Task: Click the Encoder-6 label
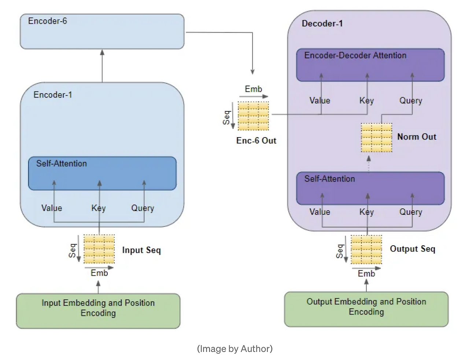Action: pos(48,21)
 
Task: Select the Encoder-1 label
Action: pos(53,95)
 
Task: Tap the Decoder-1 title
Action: pos(322,24)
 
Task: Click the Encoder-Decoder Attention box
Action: pos(370,65)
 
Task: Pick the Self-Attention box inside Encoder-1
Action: pos(102,173)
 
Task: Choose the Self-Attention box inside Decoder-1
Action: pos(370,188)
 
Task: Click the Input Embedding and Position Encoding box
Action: pos(98,311)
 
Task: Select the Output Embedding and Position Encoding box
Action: pos(366,309)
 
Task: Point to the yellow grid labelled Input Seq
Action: pos(99,249)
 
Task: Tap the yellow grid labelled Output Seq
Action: pos(366,249)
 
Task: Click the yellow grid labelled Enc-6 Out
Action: pos(253,116)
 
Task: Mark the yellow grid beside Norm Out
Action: pos(376,137)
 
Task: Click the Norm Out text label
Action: pos(417,137)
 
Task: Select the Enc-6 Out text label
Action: pos(256,141)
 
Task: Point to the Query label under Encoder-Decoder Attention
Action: pos(411,101)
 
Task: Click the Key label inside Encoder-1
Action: pos(99,208)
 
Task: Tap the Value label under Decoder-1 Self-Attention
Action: pos(320,212)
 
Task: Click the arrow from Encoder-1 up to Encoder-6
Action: pos(102,66)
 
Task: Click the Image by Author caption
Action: pos(234,349)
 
